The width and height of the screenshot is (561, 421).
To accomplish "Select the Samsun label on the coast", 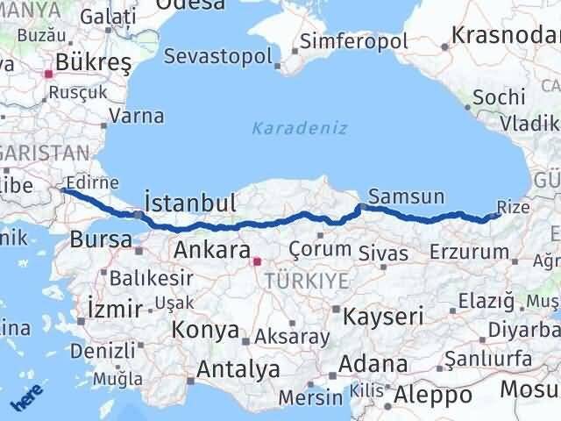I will coord(407,196).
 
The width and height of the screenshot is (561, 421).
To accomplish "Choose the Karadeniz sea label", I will coord(300,128).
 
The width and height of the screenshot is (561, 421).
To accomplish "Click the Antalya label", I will coord(239,369).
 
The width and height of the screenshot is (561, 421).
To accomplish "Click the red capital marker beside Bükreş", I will coord(51,75).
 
